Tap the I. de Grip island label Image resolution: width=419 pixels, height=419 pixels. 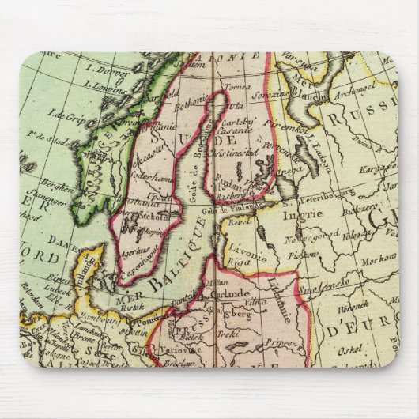(68, 115)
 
